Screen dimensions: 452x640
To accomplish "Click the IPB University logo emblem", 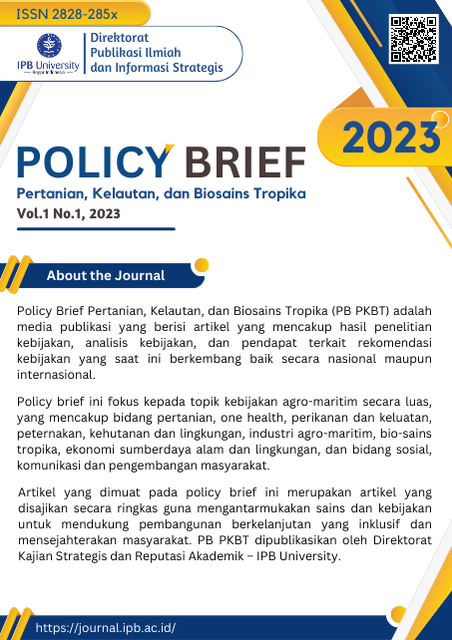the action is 45,45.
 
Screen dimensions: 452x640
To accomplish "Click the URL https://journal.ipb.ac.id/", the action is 105,627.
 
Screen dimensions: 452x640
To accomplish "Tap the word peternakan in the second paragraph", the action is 56,435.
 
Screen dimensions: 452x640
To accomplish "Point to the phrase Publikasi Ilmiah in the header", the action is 136,53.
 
